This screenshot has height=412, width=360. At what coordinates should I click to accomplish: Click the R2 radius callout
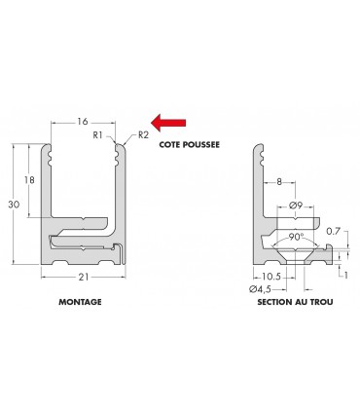coord(143,135)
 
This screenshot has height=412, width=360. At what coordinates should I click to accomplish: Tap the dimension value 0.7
coord(334,232)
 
